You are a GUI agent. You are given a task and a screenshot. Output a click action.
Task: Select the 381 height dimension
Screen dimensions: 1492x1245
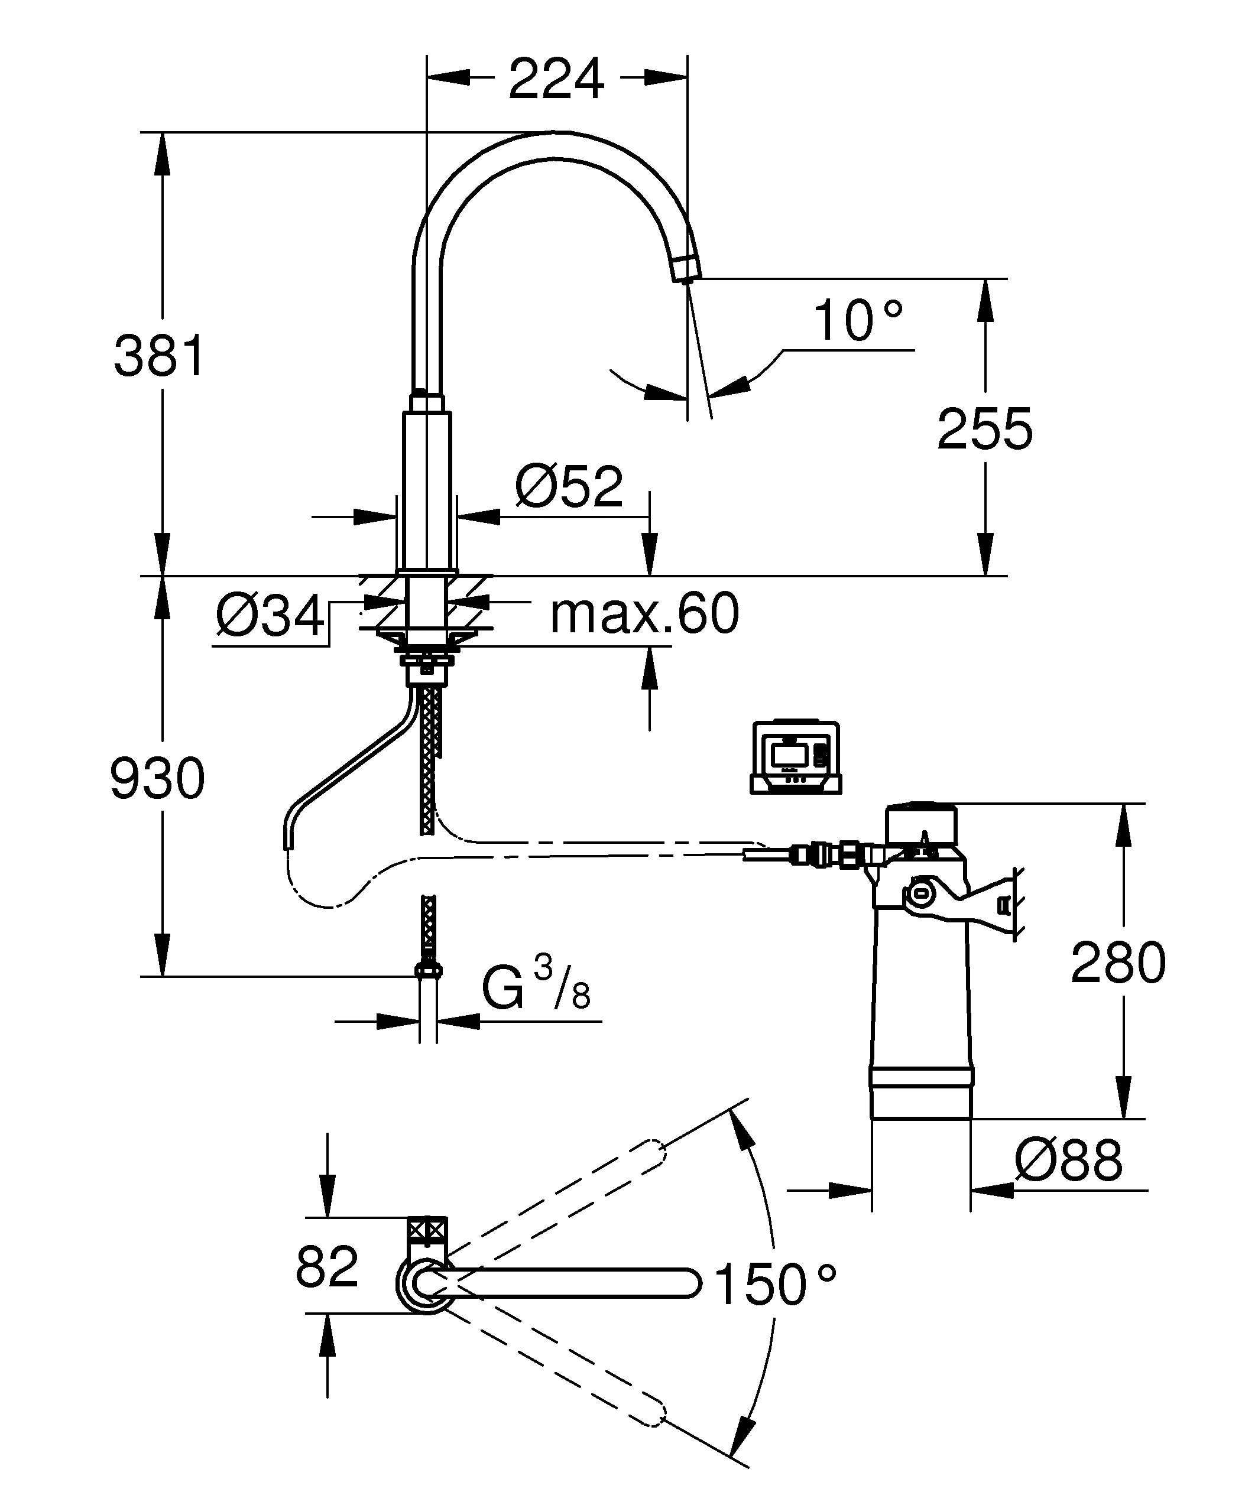pyautogui.click(x=159, y=356)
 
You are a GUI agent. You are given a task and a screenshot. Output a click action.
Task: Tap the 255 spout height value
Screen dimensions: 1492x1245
pyautogui.click(x=984, y=429)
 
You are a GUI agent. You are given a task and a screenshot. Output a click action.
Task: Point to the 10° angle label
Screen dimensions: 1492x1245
pyautogui.click(x=857, y=320)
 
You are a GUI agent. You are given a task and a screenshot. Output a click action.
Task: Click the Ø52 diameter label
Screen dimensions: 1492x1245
pyautogui.click(x=569, y=487)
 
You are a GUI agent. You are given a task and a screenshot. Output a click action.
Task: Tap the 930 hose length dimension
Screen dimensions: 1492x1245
pyautogui.click(x=158, y=779)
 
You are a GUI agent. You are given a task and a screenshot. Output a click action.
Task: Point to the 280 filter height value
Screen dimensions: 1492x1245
pyautogui.click(x=1118, y=963)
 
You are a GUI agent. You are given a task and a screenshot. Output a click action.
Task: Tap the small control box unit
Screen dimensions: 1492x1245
pyautogui.click(x=796, y=758)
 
